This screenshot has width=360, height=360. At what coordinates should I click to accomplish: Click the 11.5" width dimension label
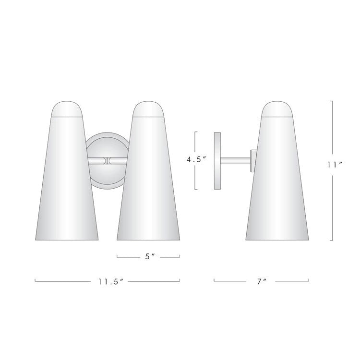pyautogui.click(x=109, y=282)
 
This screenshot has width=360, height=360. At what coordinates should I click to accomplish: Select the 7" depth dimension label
pyautogui.click(x=262, y=282)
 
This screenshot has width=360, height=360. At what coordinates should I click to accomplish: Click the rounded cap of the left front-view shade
pyautogui.click(x=67, y=109)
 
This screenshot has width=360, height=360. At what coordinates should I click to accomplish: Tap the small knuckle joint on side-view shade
pyautogui.click(x=253, y=160)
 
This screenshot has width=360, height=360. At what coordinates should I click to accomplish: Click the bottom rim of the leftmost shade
pyautogui.click(x=67, y=239)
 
